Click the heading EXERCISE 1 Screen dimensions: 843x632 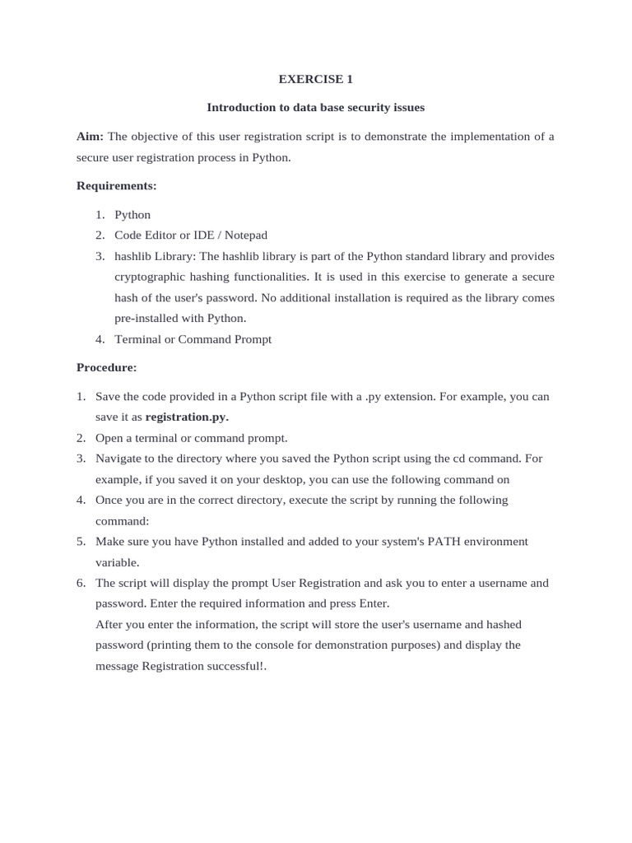(x=315, y=79)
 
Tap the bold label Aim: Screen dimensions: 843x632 (x=91, y=136)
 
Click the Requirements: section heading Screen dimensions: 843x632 (x=116, y=186)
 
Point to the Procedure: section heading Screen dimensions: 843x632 (x=107, y=367)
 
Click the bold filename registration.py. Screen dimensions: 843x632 (x=187, y=417)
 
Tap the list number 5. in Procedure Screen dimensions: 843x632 (x=81, y=541)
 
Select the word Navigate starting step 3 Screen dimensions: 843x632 (x=119, y=458)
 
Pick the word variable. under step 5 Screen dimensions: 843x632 (x=118, y=562)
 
